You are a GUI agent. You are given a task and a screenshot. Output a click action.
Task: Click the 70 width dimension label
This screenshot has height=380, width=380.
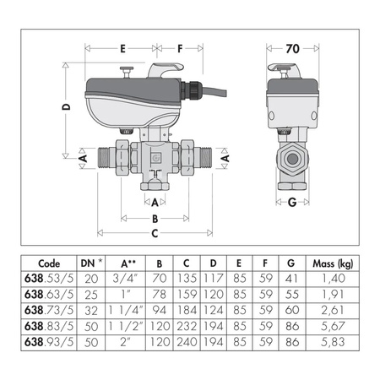tap(292, 49)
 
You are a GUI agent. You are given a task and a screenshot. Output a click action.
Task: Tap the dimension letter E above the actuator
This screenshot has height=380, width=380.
tap(122, 49)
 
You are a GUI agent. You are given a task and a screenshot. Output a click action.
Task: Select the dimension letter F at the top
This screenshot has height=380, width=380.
tap(180, 49)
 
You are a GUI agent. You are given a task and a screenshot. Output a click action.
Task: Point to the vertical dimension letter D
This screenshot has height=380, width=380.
tap(67, 107)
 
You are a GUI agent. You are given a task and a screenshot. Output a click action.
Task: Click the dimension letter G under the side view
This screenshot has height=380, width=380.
tap(292, 202)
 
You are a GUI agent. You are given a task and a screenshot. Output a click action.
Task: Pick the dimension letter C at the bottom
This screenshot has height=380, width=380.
tap(155, 233)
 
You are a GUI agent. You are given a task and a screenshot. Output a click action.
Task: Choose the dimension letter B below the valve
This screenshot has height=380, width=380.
tap(155, 219)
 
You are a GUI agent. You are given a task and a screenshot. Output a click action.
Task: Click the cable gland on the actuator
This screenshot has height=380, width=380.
tap(192, 90)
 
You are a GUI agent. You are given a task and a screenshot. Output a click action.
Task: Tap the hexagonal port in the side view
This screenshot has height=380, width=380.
tap(292, 159)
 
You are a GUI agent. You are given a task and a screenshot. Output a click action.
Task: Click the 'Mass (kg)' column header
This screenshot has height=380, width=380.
tap(333, 263)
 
